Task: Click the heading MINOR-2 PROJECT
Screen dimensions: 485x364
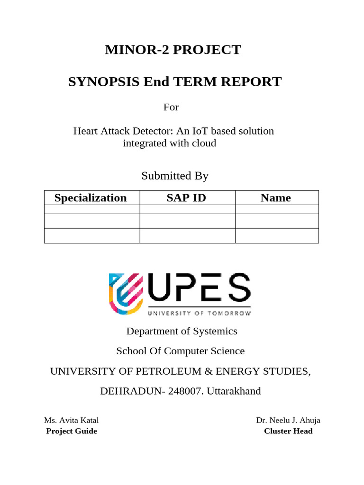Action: [x=173, y=50]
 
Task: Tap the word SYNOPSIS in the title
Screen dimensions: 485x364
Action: [x=104, y=82]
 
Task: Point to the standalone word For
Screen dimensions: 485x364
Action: [x=171, y=107]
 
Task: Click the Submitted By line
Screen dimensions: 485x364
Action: [x=175, y=176]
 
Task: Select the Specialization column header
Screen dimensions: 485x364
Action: [x=91, y=198]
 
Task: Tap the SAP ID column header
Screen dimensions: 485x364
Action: [x=186, y=198]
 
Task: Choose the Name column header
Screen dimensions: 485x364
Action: [x=275, y=198]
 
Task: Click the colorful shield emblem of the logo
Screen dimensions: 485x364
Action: [x=126, y=294]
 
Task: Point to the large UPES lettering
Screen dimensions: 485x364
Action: [x=199, y=289]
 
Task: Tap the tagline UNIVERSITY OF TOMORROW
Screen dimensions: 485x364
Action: [x=199, y=313]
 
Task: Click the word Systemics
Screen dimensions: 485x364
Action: [x=215, y=331]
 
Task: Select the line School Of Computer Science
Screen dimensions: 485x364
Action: [x=181, y=351]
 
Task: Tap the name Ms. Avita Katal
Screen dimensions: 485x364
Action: [x=72, y=420]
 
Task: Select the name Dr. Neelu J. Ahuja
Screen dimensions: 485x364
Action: [x=288, y=420]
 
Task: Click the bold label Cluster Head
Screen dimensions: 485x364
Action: [x=288, y=431]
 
